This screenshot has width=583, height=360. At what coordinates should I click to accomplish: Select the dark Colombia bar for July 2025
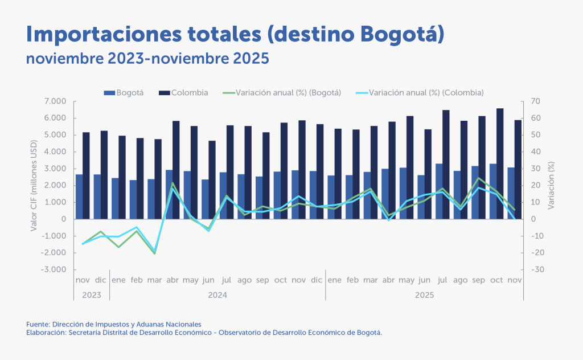pos(446,165)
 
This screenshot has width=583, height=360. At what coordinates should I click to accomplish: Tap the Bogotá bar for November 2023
pos(79,197)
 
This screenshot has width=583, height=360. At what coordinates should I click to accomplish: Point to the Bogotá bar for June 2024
pos(206,199)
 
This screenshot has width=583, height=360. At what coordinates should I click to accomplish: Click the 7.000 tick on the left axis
pos(55,101)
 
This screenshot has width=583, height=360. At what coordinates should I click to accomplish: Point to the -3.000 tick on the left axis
pos(54,269)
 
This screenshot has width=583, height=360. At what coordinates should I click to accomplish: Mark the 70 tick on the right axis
pos(536,101)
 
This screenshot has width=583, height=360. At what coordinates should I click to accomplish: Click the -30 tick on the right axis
pos(537,269)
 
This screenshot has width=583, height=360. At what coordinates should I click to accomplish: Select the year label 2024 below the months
pos(217,295)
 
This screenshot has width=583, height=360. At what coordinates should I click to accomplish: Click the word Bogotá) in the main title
pos(401,34)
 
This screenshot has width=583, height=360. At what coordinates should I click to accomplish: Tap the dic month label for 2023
pos(101,280)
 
